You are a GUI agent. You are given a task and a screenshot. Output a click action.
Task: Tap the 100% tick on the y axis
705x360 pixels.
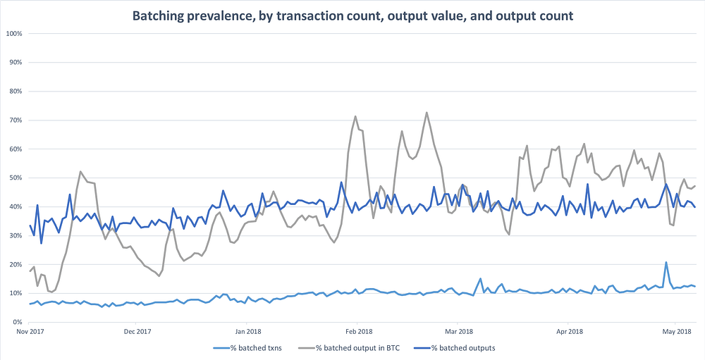[15, 34]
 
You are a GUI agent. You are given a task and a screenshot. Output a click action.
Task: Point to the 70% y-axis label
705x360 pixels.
[16, 120]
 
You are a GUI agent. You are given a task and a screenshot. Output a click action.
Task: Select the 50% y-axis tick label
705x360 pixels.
[16, 178]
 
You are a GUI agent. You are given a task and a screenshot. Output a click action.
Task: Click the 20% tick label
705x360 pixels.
[16, 264]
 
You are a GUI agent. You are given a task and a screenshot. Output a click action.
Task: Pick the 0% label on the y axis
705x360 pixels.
[18, 322]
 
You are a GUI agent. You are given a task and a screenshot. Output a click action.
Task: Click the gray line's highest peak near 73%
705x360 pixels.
[427, 112]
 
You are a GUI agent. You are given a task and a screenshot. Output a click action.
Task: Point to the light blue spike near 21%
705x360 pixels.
[666, 262]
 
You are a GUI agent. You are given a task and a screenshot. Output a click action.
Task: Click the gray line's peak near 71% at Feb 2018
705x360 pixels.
[355, 116]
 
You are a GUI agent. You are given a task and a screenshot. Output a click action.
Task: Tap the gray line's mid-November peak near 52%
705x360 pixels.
[80, 171]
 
